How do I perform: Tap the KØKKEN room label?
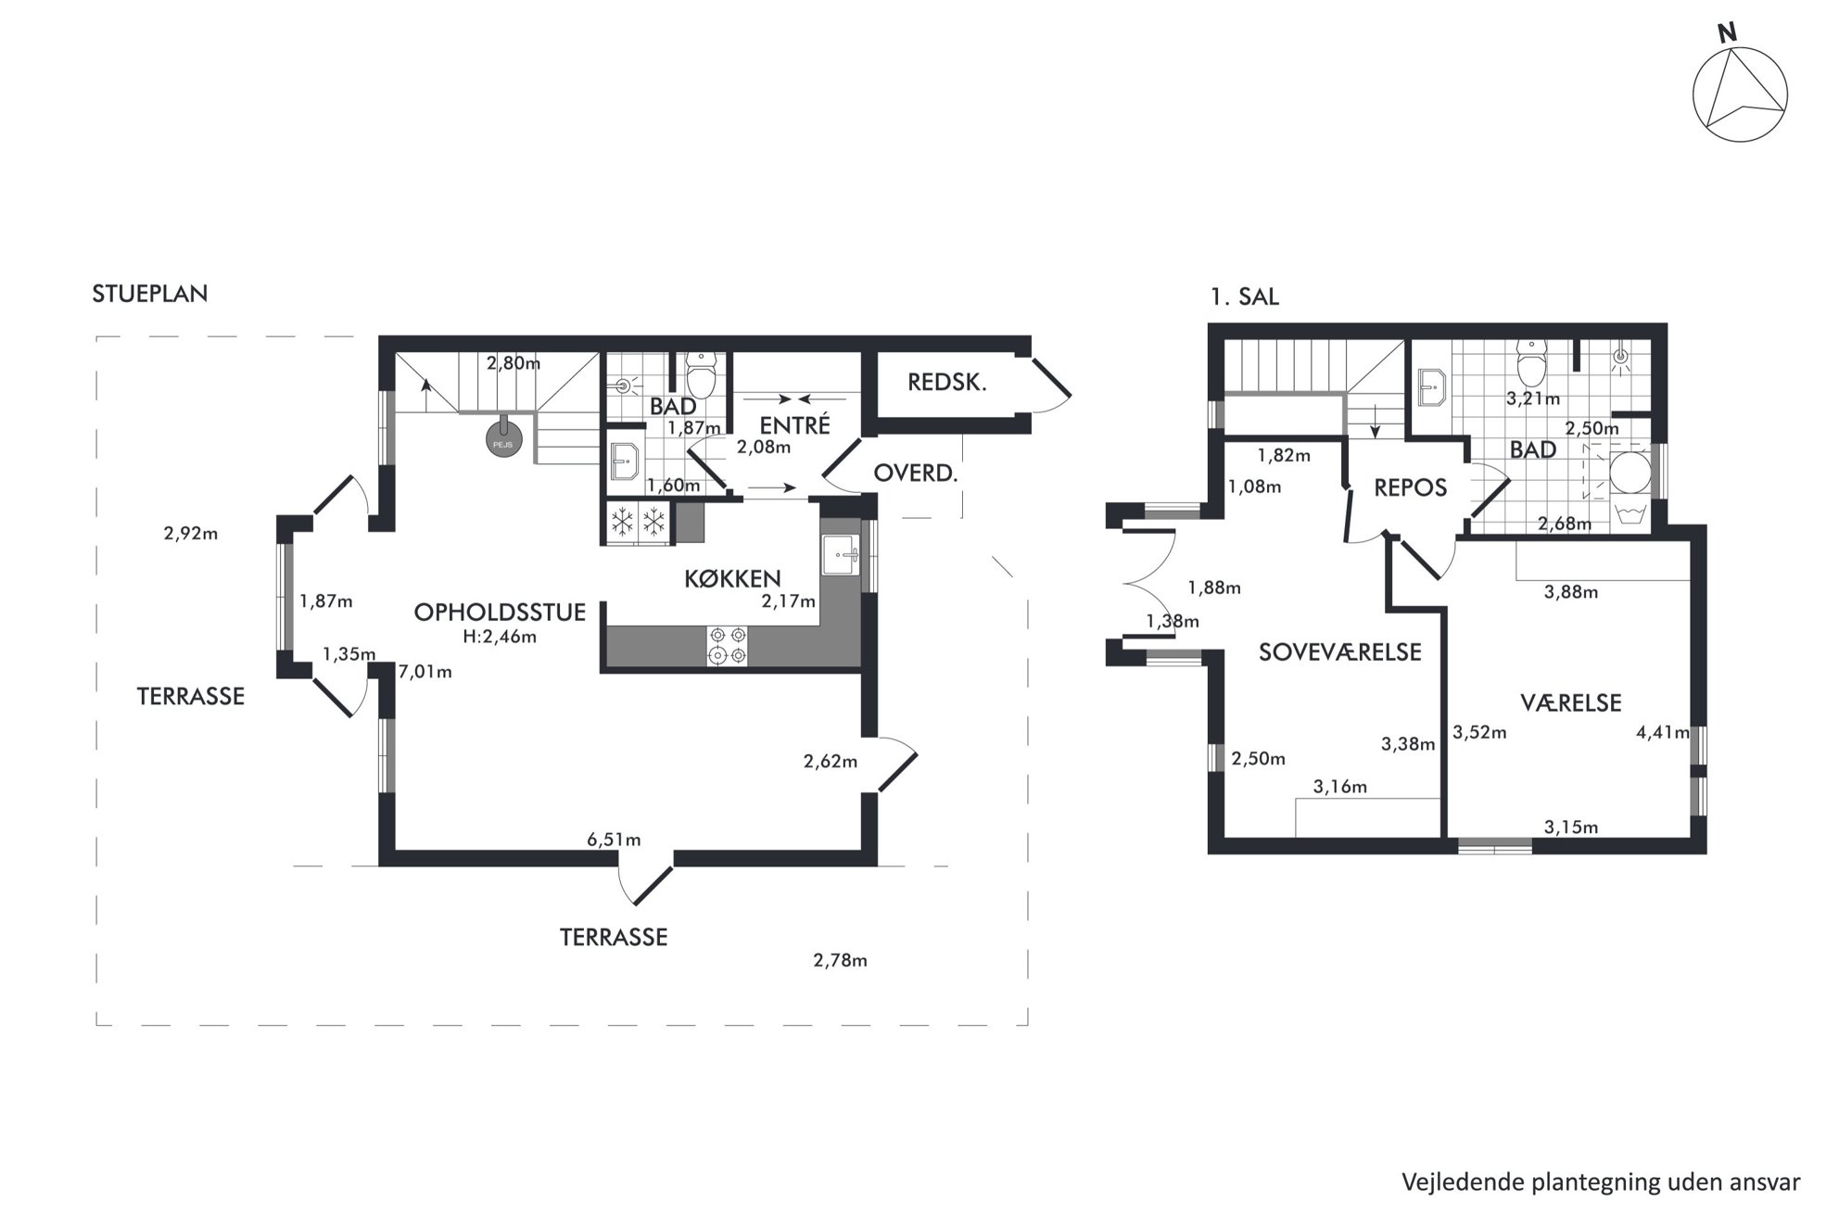[x=732, y=579]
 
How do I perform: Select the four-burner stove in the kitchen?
[x=727, y=646]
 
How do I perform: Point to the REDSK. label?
[x=946, y=382]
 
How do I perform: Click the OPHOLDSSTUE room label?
[x=500, y=612]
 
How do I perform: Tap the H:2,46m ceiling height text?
[x=500, y=637]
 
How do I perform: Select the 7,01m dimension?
[x=425, y=672]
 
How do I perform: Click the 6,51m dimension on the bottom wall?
[x=614, y=841]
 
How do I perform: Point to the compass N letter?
[x=1727, y=33]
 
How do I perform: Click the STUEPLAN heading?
[x=150, y=294]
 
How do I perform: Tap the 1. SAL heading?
[x=1245, y=297]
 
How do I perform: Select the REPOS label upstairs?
[x=1410, y=487]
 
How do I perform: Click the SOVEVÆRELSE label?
[x=1339, y=652]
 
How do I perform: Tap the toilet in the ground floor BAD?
[x=701, y=374]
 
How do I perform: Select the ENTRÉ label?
[x=794, y=425]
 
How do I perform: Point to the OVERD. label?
[x=915, y=474]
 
